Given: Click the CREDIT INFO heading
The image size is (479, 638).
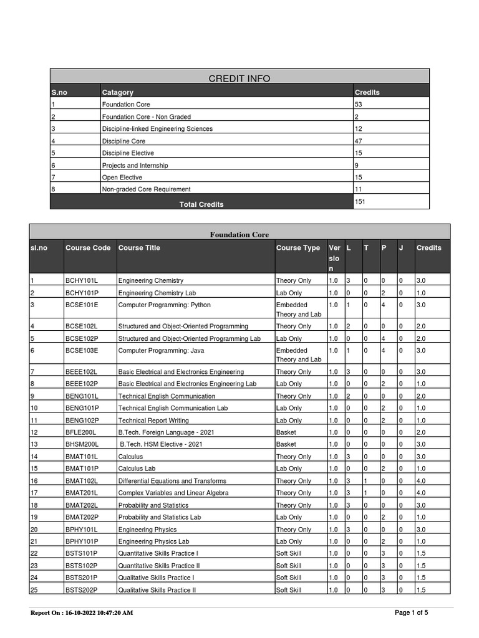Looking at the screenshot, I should [x=239, y=79].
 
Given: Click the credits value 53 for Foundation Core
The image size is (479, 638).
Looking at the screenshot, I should [x=359, y=105].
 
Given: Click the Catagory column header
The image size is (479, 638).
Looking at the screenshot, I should [x=118, y=92].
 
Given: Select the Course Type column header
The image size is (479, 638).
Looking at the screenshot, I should [x=298, y=248].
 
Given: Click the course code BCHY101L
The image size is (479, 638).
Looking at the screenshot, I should [x=82, y=281].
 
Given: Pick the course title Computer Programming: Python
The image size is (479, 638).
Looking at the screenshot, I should [x=164, y=305].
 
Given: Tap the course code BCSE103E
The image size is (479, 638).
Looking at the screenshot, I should [x=82, y=350].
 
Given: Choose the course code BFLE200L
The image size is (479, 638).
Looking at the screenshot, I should [x=81, y=432].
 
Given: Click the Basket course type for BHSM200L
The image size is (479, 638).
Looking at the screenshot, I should [x=286, y=445].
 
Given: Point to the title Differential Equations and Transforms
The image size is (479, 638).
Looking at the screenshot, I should [x=172, y=481].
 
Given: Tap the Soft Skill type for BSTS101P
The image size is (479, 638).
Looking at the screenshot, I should [x=289, y=554].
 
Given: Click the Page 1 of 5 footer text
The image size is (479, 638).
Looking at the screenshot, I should [x=412, y=613].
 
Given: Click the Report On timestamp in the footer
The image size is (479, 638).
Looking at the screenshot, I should [x=82, y=613].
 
